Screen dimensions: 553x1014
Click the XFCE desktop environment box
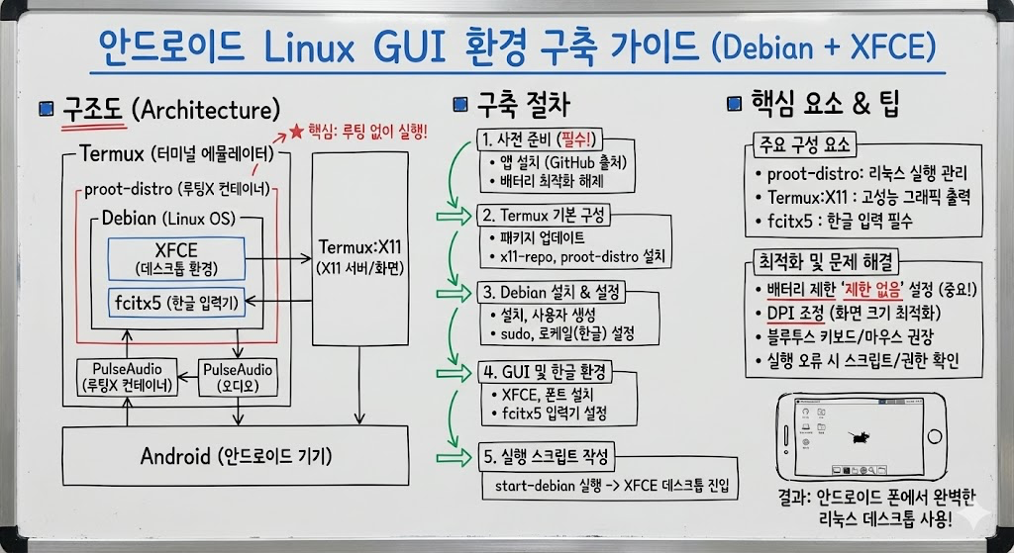[175, 257]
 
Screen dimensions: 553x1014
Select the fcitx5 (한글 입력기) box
[175, 304]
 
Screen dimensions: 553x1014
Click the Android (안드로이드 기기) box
[235, 456]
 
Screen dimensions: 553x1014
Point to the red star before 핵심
[296, 131]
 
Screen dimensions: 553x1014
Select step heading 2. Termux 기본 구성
[546, 215]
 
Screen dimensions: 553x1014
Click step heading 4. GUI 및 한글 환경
[545, 373]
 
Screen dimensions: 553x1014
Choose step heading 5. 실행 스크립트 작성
[548, 458]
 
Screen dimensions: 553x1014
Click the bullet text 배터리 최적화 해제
[553, 181]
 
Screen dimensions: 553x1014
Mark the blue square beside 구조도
[45, 109]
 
